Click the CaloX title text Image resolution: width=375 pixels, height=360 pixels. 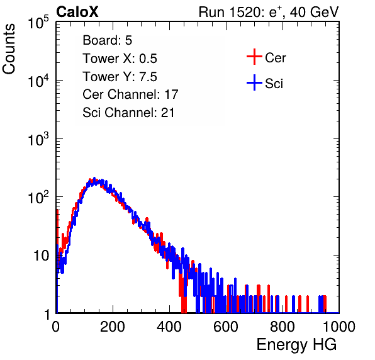pos(77,12)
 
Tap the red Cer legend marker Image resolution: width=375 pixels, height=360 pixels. pos(254,57)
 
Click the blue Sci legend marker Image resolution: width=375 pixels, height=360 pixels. pos(254,82)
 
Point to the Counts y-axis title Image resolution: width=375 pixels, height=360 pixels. pos(9,49)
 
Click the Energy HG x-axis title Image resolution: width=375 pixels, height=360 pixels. pos(296,344)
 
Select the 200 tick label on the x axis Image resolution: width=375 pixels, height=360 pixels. pos(113,327)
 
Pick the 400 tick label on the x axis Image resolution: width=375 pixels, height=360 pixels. pos(169,327)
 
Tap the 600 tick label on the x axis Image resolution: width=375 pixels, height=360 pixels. pos(226,327)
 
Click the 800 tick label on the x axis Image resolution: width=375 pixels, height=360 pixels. pos(283,327)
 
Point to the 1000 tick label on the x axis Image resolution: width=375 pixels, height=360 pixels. pos(339,327)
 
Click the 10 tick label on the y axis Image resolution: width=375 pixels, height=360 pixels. pos(41,256)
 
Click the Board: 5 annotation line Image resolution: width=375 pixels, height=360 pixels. pos(108,40)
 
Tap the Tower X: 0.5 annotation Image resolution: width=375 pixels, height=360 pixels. pos(120,59)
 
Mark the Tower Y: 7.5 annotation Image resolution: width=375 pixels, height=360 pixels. pos(120,77)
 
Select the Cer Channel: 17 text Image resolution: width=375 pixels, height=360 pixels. pos(131,94)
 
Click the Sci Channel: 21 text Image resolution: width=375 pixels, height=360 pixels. pos(128,113)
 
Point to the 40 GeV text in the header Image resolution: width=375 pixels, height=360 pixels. pos(314,13)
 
